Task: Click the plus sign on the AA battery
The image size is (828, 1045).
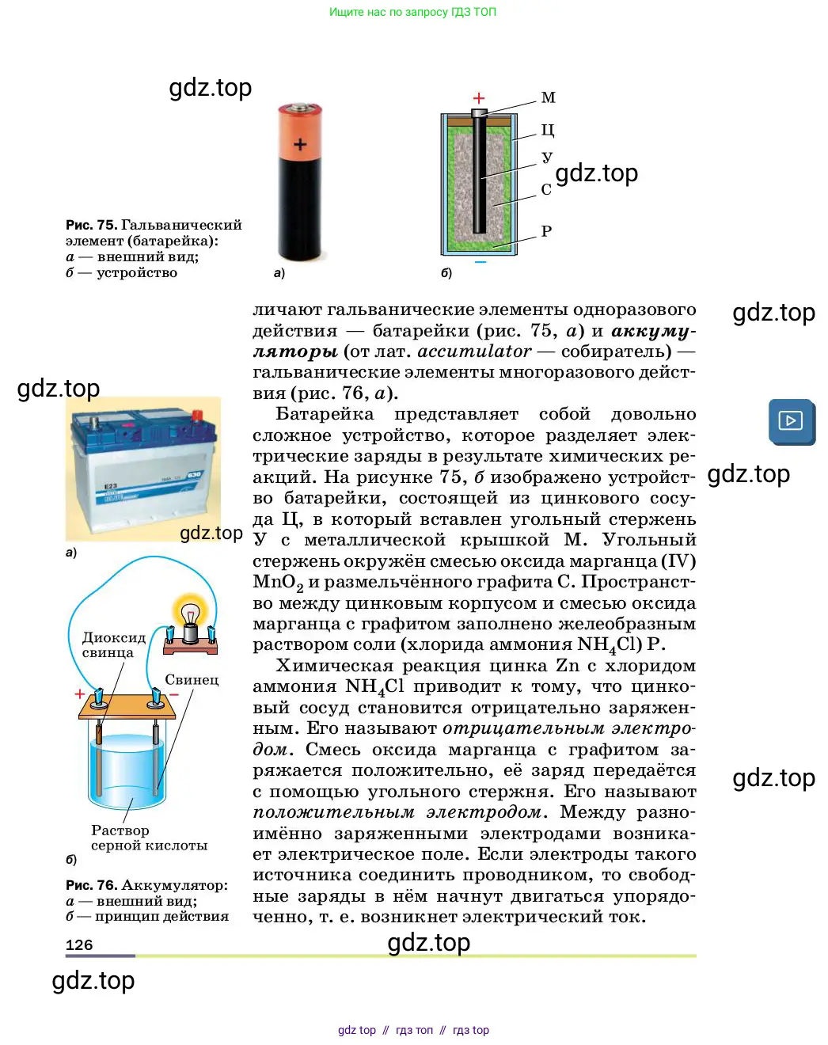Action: click(300, 145)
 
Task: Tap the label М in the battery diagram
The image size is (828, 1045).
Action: click(548, 98)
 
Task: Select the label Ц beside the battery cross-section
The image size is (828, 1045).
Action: click(548, 129)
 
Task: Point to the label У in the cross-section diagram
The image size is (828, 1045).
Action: click(547, 158)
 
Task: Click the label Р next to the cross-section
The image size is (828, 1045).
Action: click(546, 231)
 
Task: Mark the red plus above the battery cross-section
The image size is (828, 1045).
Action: click(479, 98)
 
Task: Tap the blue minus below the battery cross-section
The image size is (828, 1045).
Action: click(480, 262)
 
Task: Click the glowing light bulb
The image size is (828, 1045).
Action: click(190, 614)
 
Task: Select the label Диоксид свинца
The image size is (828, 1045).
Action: click(114, 644)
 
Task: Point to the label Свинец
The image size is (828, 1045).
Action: click(192, 679)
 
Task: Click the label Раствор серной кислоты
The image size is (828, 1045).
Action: click(149, 838)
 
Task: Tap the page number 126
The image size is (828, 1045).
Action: click(79, 944)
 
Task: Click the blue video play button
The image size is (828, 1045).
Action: click(791, 420)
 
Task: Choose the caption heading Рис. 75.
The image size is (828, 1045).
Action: click(91, 225)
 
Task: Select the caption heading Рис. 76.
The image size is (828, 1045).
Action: click(91, 885)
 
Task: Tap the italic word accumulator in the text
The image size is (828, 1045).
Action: click(474, 351)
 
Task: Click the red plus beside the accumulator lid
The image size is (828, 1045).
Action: click(79, 693)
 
